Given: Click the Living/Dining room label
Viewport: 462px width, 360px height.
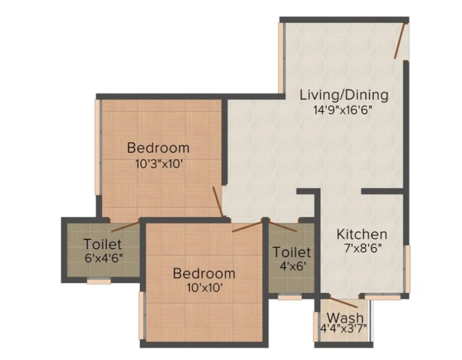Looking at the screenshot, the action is (344, 96).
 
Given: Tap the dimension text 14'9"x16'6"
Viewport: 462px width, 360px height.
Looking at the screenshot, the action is (343, 110).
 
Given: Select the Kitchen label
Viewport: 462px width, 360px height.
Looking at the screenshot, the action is (362, 234).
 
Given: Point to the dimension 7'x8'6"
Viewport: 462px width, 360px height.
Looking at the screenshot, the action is (363, 249).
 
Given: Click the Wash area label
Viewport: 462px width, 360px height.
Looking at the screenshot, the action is (345, 318).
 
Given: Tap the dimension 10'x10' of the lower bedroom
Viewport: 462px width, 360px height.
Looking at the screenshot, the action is (204, 288).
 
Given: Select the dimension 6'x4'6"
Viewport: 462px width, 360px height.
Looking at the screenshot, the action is (103, 258).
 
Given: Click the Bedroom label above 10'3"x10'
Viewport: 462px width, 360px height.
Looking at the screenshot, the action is (158, 148).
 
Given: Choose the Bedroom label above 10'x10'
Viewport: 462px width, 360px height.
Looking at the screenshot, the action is (204, 273).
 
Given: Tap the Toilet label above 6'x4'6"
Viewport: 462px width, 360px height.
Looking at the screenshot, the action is (102, 244).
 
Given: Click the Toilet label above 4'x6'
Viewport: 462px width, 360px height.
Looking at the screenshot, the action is (292, 252).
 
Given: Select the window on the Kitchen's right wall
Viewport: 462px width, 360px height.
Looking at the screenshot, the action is (408, 269).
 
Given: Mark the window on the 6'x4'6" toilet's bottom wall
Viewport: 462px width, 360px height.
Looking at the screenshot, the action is (99, 281).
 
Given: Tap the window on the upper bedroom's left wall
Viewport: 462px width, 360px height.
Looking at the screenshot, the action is (98, 147).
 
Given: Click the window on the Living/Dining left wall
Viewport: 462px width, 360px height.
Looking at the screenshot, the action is (281, 58).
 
